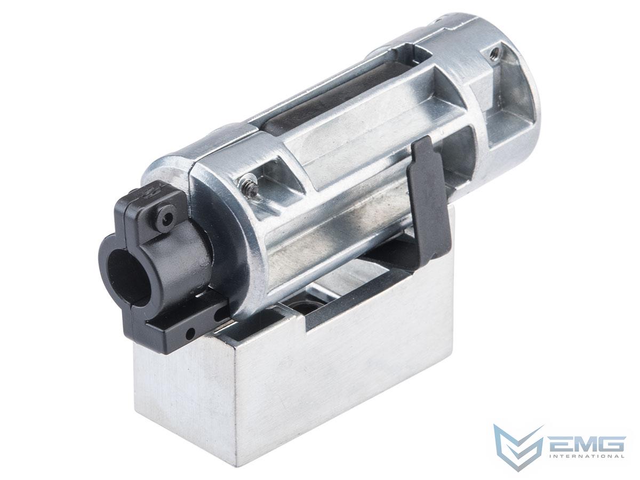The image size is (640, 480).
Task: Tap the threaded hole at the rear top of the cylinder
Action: point(493,52)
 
